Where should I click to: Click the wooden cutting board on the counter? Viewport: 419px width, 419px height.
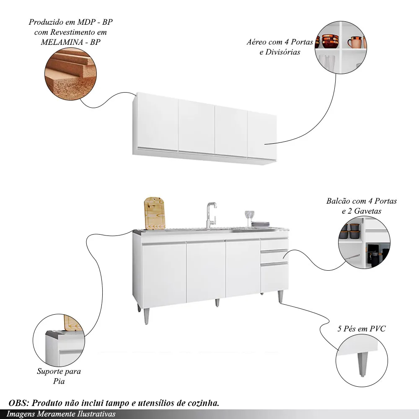[154, 213]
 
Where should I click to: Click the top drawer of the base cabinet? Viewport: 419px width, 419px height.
[274, 245]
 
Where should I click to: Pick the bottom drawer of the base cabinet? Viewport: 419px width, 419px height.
[274, 277]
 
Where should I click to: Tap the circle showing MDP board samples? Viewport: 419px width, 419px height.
[70, 73]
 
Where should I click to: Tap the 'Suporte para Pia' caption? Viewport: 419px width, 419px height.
[59, 376]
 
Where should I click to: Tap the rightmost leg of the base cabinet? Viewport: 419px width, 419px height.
[280, 296]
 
